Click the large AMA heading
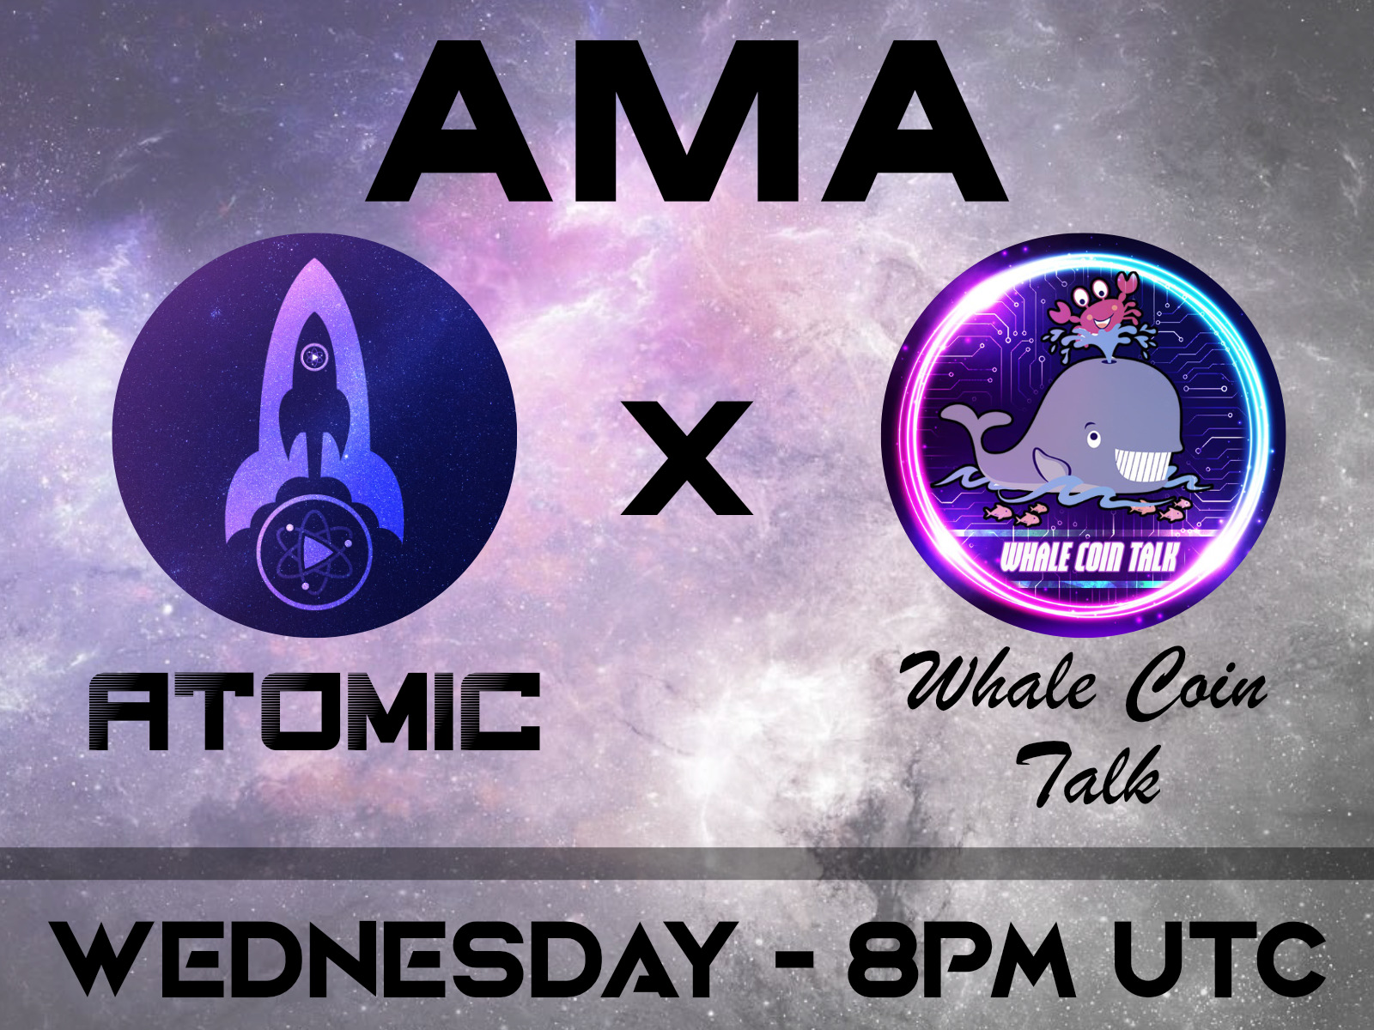[x=687, y=120]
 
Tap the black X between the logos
[x=686, y=458]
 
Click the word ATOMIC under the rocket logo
[x=314, y=712]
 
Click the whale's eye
[x=1093, y=438]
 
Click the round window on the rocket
[x=315, y=354]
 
